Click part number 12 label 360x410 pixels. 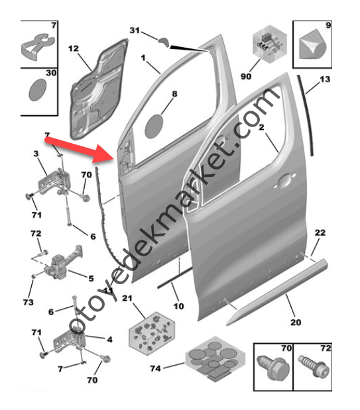74,48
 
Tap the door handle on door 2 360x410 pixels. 284,181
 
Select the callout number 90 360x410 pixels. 246,76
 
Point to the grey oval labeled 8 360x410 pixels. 154,127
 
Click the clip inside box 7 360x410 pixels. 37,47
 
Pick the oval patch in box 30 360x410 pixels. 37,89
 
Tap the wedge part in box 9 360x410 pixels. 312,44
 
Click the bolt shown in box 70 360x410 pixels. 273,368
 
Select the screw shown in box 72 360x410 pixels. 314,366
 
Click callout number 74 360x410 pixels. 155,368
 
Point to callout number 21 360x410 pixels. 127,298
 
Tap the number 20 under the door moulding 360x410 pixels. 296,322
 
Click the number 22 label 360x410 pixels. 320,232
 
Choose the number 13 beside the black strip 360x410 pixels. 325,79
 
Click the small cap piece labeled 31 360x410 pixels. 164,42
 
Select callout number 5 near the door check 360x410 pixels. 91,278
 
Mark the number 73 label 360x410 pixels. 29,302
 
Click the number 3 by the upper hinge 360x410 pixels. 36,154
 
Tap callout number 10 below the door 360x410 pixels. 178,306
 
